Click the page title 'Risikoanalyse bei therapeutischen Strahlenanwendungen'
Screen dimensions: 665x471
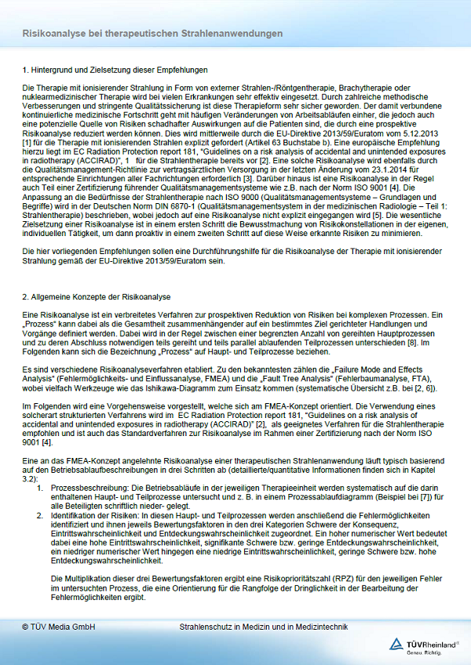(153, 35)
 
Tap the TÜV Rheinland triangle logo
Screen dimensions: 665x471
(397, 645)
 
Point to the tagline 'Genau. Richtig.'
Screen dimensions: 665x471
(433, 652)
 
